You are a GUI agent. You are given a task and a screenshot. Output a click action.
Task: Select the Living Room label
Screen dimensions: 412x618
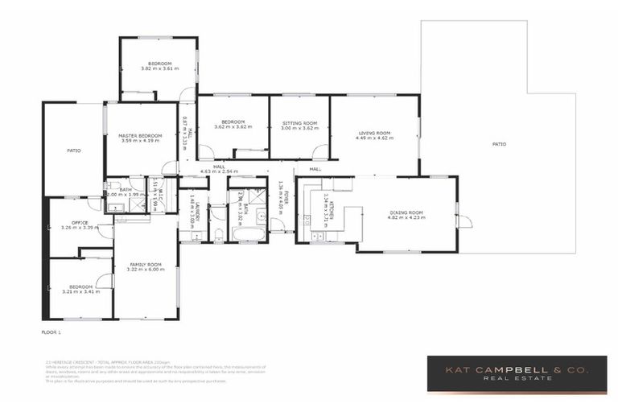[x=373, y=134]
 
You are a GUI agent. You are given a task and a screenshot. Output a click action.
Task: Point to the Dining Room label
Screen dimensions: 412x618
[x=405, y=214]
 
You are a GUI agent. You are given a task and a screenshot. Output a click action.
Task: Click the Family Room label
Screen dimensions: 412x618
[x=145, y=266]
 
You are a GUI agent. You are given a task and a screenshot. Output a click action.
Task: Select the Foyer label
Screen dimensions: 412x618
[x=279, y=196]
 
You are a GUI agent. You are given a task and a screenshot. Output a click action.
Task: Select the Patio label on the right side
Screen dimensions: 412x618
[x=499, y=144]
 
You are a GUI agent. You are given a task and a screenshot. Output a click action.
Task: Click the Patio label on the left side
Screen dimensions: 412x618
[x=73, y=150]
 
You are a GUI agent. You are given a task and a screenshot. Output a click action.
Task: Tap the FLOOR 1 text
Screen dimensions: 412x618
[x=51, y=331]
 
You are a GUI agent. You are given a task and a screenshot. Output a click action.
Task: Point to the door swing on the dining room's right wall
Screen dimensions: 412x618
[x=463, y=220]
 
